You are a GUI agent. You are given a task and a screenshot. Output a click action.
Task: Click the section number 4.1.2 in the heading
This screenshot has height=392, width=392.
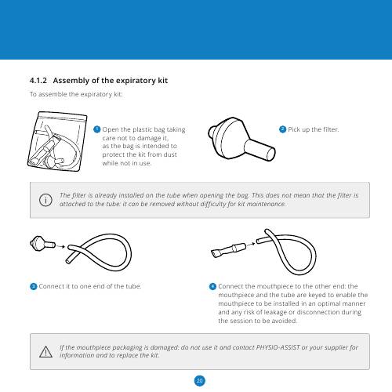38,81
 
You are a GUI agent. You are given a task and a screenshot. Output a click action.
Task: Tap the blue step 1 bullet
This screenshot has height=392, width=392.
97,129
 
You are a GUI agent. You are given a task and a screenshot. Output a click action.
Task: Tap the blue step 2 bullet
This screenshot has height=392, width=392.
282,129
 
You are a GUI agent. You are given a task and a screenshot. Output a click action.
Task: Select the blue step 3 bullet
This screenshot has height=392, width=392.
34,286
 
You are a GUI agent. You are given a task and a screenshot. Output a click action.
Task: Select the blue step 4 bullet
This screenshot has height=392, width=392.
212,286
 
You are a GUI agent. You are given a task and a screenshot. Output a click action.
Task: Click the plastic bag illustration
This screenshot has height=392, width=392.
57,141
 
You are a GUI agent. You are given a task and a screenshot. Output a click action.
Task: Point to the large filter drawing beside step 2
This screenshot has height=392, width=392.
241,139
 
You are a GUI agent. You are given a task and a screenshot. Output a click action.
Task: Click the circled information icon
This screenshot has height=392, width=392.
45,200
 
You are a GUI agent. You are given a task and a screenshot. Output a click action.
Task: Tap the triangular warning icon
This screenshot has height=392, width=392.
45,352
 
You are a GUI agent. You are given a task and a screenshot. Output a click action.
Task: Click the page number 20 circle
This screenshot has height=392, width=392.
200,381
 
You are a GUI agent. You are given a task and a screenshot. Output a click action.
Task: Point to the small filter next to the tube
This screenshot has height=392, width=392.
42,244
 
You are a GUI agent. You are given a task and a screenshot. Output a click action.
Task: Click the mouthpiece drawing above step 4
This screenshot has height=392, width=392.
228,250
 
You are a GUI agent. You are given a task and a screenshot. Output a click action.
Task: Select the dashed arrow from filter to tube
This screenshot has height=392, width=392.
60,246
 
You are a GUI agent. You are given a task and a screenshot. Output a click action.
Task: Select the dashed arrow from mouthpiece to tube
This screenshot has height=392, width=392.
251,245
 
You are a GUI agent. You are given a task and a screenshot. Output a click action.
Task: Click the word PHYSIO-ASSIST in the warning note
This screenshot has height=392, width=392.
278,347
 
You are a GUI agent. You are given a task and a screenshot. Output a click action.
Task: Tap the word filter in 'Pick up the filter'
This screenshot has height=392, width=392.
331,129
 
